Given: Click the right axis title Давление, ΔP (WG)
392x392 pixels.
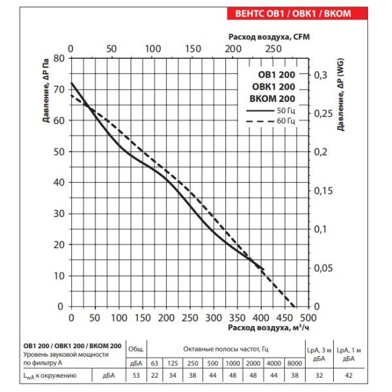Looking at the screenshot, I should pos(342,101).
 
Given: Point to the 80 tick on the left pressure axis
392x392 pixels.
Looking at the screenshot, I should pos(59,58).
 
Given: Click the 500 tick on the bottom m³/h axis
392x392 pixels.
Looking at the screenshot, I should pos(309,318).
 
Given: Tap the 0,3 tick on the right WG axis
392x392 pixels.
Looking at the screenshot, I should pos(321,76).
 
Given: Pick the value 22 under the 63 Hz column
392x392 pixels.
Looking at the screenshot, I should pos(155,375).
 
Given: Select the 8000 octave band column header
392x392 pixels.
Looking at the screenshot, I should pos(295,363).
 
